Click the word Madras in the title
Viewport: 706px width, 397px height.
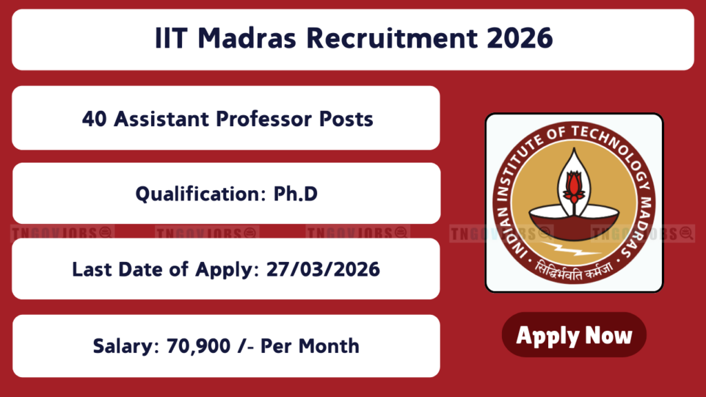click(x=247, y=38)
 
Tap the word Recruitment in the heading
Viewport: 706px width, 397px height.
click(x=392, y=38)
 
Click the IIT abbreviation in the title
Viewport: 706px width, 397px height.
click(x=171, y=38)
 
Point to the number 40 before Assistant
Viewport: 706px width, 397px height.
click(x=94, y=119)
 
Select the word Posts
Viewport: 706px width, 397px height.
click(x=346, y=119)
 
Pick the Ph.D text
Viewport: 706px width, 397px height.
click(x=295, y=194)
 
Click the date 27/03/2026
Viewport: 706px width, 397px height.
click(x=323, y=269)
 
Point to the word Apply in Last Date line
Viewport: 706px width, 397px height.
click(x=227, y=270)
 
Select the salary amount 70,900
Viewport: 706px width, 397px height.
click(x=199, y=346)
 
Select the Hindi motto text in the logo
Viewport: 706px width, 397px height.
click(x=574, y=272)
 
